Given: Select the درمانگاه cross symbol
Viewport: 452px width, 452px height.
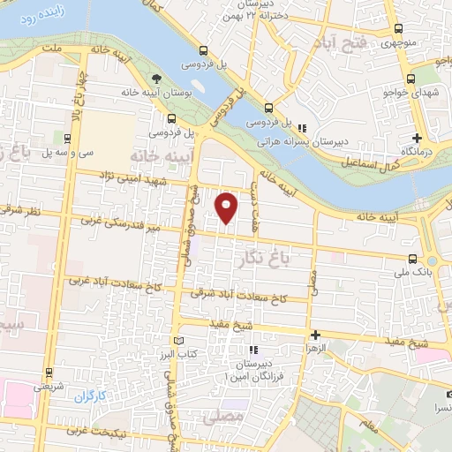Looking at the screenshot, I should [x=418, y=138].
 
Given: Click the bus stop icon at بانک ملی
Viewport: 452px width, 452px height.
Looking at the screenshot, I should [x=413, y=260].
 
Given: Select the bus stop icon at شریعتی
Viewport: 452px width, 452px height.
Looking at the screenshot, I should [x=48, y=372].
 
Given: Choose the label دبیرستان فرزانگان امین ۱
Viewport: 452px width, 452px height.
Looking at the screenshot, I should [x=266, y=371].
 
